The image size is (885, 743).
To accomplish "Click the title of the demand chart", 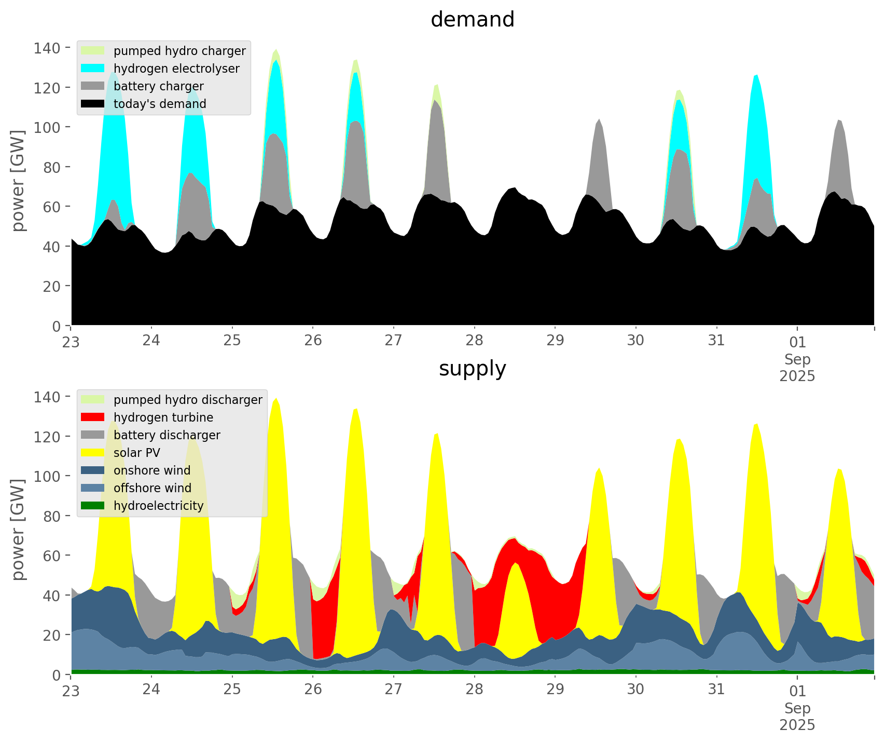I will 472,20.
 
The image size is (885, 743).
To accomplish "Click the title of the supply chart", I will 472,369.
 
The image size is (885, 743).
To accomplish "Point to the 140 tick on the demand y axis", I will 47,48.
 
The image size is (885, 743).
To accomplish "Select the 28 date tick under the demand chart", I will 474,341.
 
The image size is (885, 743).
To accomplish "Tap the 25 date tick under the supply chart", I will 232,690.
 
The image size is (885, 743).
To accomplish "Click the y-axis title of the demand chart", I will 18,181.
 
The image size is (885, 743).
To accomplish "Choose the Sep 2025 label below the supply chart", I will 797,716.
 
